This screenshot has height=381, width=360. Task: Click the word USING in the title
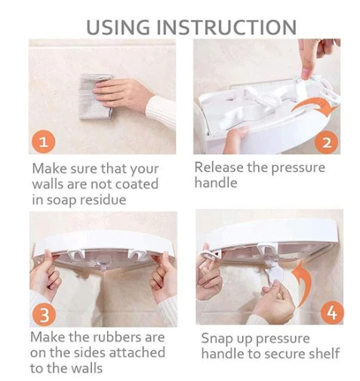pos(118,27)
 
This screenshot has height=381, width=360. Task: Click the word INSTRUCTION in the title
pos(226,27)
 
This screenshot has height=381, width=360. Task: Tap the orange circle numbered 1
pos(43,142)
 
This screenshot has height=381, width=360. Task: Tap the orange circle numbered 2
pos(327,143)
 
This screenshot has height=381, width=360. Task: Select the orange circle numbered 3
pos(44,315)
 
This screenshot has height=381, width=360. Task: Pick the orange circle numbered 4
pos(331,312)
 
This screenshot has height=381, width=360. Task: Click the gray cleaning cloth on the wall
pos(95,96)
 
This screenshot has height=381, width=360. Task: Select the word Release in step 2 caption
pos(219,167)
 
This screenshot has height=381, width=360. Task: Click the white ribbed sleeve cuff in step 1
pos(161,111)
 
